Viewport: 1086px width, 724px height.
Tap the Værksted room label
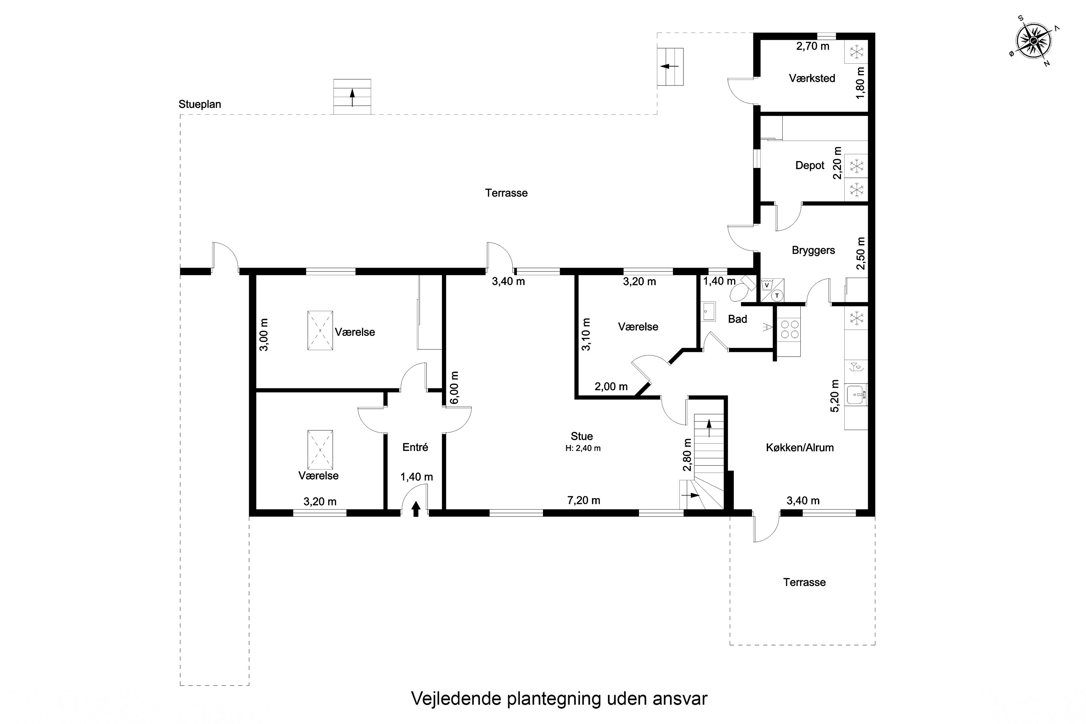coord(812,79)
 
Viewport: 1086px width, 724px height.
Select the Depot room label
coord(810,165)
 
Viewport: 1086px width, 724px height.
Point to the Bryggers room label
coord(813,250)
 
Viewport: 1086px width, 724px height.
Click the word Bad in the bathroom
coord(737,319)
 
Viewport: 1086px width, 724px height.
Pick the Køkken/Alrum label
coord(800,447)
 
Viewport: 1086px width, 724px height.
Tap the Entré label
coord(416,447)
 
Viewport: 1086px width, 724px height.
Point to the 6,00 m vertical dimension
coord(454,388)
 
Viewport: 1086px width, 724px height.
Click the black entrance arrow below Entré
coord(416,509)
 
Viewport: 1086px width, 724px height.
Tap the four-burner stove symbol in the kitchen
coord(789,330)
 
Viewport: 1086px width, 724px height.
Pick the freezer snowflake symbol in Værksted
coord(856,52)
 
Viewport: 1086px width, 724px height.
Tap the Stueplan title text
coord(200,104)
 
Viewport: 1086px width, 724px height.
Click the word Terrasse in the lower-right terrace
coord(804,582)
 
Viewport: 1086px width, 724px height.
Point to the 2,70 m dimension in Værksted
coord(813,46)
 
